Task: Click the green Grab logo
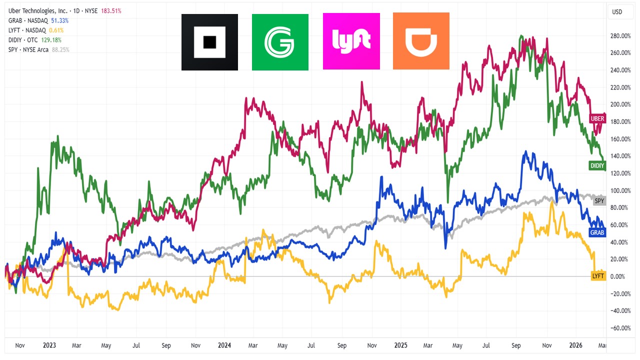(x=280, y=42)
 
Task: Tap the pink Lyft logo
(x=351, y=41)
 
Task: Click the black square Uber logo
(x=209, y=42)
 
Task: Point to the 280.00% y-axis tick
(x=620, y=36)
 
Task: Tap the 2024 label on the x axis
(x=224, y=345)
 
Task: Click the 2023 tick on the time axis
(x=49, y=345)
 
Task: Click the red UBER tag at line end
(x=597, y=118)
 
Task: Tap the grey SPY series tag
(x=599, y=201)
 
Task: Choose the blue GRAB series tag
(x=597, y=232)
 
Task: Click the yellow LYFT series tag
(x=598, y=275)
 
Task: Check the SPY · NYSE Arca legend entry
(x=28, y=49)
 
